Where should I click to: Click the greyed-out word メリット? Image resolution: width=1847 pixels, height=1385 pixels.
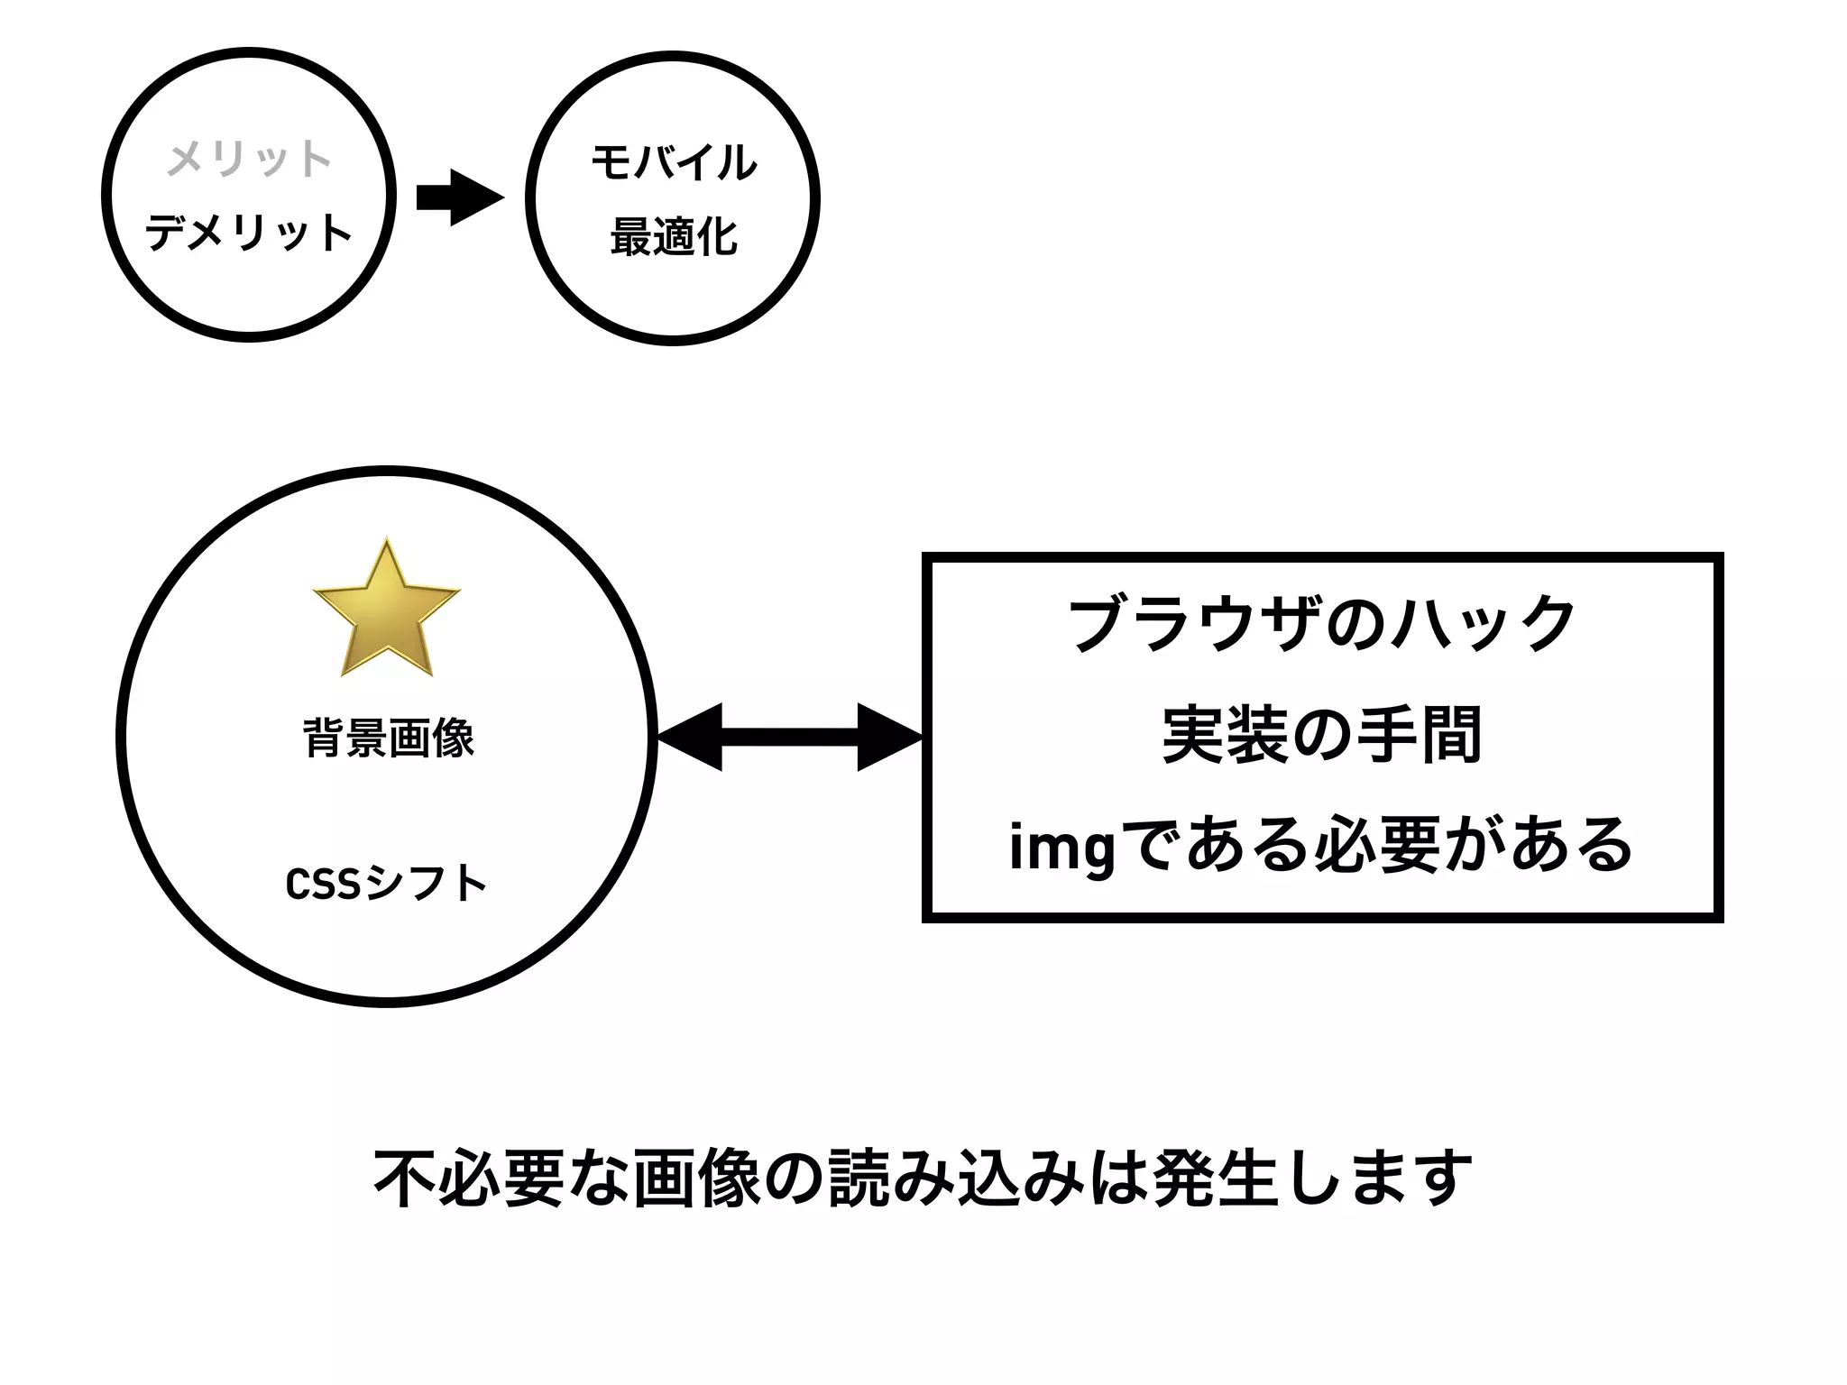tap(249, 159)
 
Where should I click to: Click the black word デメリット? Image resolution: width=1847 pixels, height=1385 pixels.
tap(249, 233)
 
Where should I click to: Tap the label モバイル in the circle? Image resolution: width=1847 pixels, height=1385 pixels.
tap(674, 163)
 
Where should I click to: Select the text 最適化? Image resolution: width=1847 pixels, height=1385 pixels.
tap(674, 238)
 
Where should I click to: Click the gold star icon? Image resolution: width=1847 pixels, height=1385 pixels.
tap(387, 610)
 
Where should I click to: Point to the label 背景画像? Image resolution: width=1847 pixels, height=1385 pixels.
tap(389, 738)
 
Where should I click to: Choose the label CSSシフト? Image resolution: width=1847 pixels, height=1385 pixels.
tap(386, 884)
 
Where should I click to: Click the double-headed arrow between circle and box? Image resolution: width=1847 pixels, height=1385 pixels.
tap(789, 738)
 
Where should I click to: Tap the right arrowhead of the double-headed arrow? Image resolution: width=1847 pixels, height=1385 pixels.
tap(888, 738)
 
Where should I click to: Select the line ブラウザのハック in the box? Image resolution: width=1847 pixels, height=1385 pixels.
tap(1321, 623)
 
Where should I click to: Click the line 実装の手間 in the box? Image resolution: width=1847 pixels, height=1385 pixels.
tap(1321, 735)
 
